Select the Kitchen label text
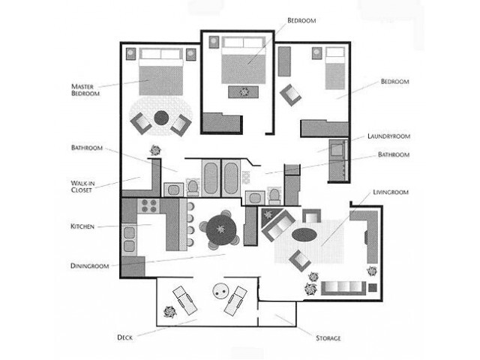[x=82, y=226]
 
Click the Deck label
[x=126, y=337]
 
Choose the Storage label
[x=316, y=337]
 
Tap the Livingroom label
[x=391, y=192]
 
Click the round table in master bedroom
[x=162, y=117]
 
